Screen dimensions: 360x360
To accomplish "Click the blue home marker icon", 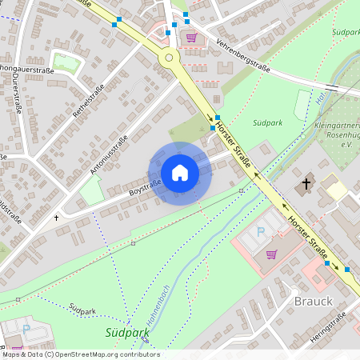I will point(180,173).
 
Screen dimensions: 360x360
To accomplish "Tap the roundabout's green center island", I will point(168,58).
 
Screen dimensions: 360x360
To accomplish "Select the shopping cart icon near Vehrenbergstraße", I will point(191,37).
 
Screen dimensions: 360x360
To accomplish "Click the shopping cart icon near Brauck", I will point(271,254).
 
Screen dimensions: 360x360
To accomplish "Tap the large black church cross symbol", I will point(306,185).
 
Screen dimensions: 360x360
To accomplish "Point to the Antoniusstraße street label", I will point(110,155).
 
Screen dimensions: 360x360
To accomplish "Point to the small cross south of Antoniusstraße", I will point(56,217).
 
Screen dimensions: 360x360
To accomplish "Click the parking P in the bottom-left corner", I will point(26,329).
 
